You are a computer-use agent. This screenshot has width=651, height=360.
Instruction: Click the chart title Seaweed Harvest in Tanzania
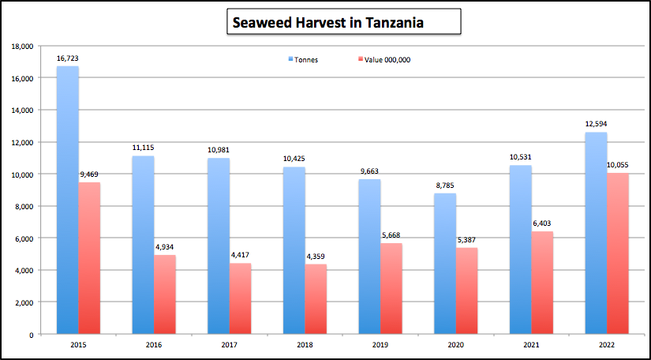(x=327, y=23)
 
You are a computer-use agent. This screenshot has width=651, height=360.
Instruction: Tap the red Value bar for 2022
(x=618, y=253)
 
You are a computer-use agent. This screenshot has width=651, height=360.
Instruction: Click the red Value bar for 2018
(x=316, y=299)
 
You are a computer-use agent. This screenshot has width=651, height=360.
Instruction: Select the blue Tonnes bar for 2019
(x=369, y=257)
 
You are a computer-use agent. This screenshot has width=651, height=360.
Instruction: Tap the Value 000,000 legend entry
(x=387, y=60)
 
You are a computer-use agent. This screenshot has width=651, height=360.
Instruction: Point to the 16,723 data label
(x=67, y=58)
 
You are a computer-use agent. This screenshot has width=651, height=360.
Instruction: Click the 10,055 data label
(x=618, y=165)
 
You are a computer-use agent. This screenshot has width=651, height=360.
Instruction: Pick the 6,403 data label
(x=542, y=223)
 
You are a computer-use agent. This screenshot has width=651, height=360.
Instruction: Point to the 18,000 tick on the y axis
(x=22, y=47)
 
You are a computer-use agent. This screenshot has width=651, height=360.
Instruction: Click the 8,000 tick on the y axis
(x=24, y=207)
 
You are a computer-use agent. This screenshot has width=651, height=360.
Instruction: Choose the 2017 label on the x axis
(x=229, y=345)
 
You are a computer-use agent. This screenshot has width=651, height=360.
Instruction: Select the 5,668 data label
(x=391, y=235)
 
